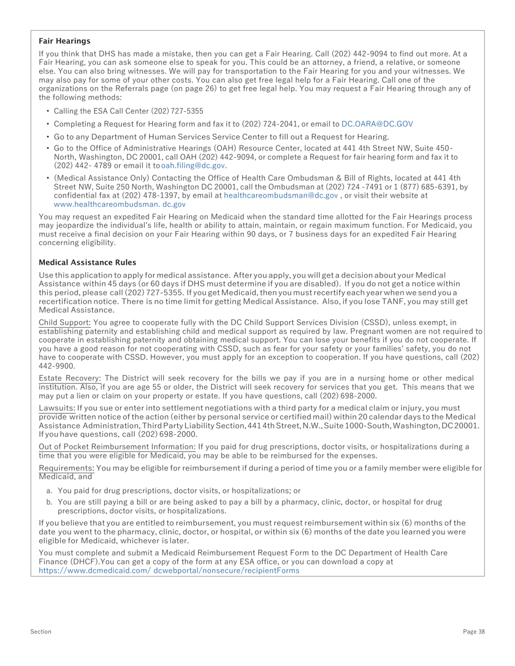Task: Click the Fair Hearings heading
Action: tap(65, 41)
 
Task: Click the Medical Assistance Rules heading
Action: tap(87, 263)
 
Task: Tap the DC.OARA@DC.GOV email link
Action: tap(377, 124)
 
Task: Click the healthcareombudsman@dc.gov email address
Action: tap(280, 195)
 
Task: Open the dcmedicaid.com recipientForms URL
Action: tap(169, 571)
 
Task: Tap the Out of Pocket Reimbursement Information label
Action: tap(117, 447)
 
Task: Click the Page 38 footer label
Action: tap(474, 631)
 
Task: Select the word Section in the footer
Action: tap(41, 631)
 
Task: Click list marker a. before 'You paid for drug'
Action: tap(50, 491)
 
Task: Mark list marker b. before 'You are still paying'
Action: tap(50, 502)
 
